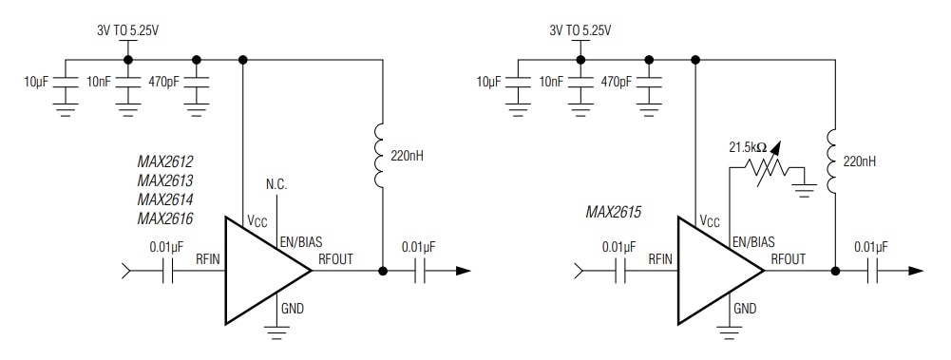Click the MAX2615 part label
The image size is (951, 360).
tap(614, 213)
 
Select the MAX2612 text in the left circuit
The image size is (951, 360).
tap(164, 161)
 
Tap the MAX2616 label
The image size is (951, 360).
tap(164, 218)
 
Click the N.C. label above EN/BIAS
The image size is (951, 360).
tap(276, 183)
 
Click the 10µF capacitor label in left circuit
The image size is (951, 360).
tap(35, 82)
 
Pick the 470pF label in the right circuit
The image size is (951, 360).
tap(616, 82)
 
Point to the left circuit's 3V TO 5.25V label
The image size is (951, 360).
tap(128, 29)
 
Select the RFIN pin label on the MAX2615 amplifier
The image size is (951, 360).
tap(661, 256)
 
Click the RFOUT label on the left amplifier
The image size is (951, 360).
tap(334, 257)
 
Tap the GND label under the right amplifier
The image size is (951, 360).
tap(746, 308)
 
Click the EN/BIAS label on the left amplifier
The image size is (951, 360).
tap(300, 242)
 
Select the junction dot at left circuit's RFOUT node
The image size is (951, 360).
tap(382, 271)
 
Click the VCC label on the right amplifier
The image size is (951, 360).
tap(710, 221)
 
